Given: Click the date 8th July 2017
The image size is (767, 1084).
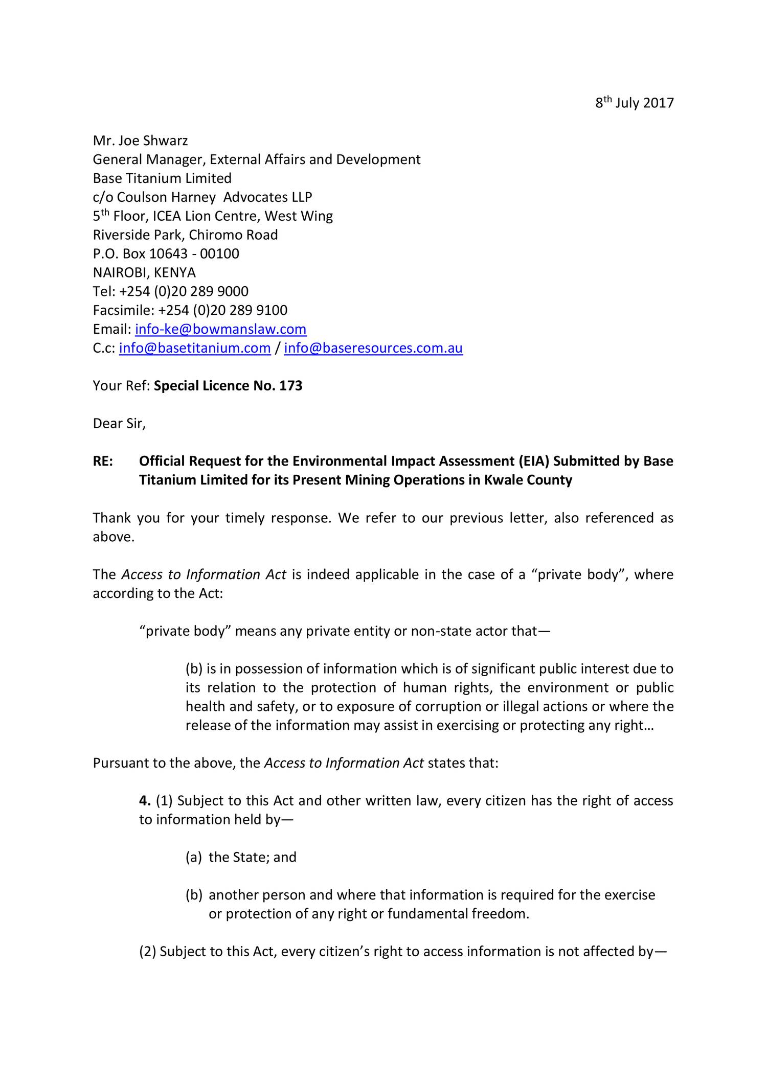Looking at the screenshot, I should click(634, 103).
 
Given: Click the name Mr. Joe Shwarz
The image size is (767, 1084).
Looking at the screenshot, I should click(140, 141).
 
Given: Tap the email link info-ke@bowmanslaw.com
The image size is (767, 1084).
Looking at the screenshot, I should click(220, 329).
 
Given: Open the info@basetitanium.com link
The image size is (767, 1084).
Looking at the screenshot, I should click(194, 348).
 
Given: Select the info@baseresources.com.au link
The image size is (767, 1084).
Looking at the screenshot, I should click(373, 348).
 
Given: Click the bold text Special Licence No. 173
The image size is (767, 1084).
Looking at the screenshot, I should click(228, 386).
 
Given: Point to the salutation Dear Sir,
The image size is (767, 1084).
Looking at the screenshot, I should click(119, 424).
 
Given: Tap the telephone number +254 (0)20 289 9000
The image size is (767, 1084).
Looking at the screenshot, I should click(184, 291).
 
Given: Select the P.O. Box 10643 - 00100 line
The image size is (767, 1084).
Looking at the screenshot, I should click(166, 254).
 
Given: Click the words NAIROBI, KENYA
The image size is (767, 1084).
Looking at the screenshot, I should click(144, 272).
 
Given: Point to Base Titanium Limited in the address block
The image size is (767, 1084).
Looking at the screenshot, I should click(162, 178).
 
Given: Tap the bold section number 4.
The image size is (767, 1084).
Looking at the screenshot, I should click(145, 800).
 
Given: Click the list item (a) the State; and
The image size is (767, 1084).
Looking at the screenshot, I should click(241, 857).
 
